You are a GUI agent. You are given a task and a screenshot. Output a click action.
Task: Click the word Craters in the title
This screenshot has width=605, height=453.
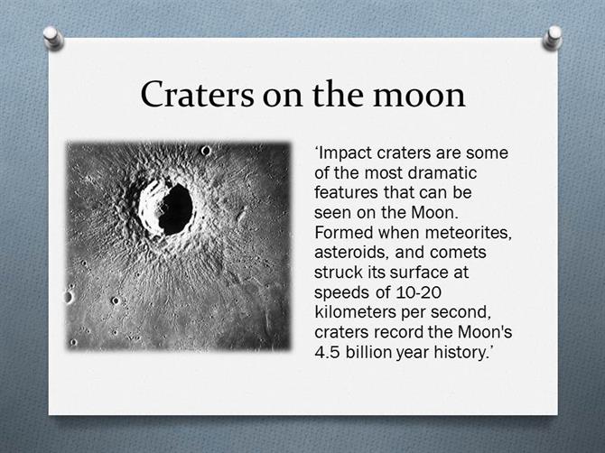pyautogui.click(x=197, y=94)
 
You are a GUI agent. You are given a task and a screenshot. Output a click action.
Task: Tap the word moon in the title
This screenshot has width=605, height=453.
pyautogui.click(x=419, y=96)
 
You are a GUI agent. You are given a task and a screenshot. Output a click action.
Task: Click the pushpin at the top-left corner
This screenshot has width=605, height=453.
pyautogui.click(x=53, y=38)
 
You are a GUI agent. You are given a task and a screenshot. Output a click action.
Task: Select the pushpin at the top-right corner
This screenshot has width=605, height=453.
pyautogui.click(x=552, y=38)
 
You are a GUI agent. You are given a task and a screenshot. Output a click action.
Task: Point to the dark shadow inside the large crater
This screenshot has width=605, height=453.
pyautogui.click(x=175, y=209)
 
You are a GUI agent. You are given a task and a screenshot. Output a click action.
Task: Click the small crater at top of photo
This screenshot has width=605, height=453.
pyautogui.click(x=206, y=151)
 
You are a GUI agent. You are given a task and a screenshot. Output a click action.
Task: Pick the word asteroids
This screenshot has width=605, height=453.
pyautogui.click(x=351, y=253)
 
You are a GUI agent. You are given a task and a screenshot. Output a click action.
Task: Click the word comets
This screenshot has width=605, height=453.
pyautogui.click(x=458, y=253)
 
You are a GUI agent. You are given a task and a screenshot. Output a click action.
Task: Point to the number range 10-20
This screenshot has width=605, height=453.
pyautogui.click(x=418, y=292)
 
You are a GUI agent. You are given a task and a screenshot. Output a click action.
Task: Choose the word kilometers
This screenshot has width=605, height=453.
pyautogui.click(x=356, y=312)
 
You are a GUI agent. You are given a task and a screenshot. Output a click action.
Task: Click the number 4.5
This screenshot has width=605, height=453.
pyautogui.click(x=327, y=352)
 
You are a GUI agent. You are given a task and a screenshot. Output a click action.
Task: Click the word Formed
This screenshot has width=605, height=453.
pyautogui.click(x=344, y=233)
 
